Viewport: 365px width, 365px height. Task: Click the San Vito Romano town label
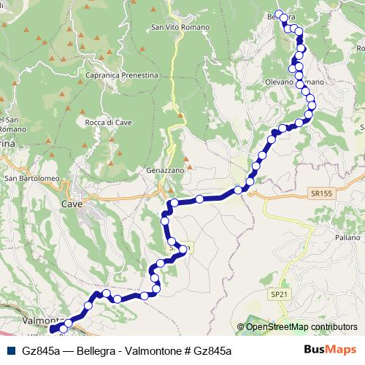(x=180, y=28)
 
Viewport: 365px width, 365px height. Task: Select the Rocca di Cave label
(x=107, y=122)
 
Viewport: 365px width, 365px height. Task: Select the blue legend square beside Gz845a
(x=9, y=350)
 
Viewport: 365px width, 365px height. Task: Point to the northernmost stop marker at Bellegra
(x=279, y=12)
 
